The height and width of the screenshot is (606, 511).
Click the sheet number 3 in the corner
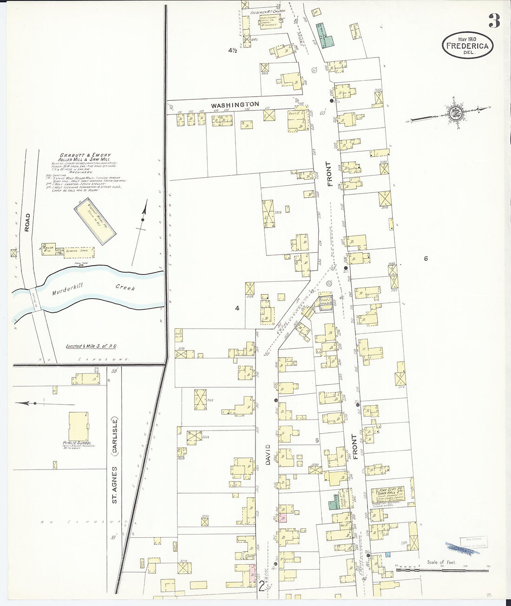pos(494,20)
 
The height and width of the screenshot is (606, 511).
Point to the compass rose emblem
pos(452,112)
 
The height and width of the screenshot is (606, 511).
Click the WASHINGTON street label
pos(236,104)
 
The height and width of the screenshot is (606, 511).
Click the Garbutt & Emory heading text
pos(85,155)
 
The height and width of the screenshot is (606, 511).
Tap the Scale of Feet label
pos(441,562)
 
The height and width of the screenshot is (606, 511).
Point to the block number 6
pos(426,259)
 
